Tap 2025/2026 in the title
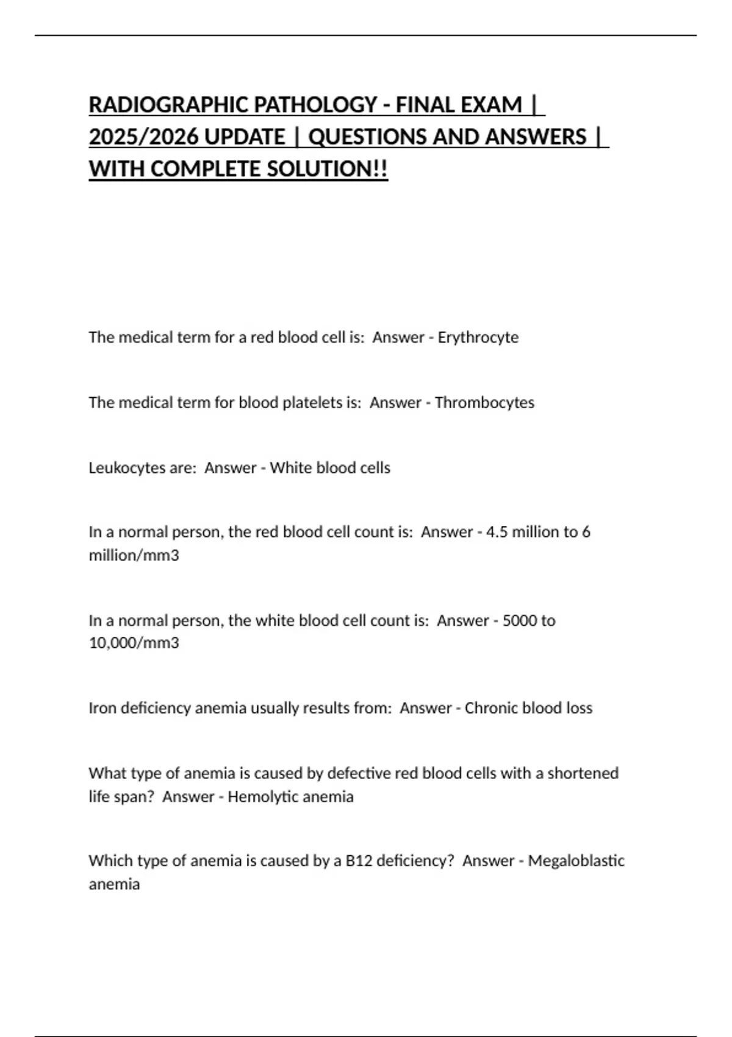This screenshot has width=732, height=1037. click(x=144, y=137)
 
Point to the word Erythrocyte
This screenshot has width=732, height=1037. click(x=478, y=337)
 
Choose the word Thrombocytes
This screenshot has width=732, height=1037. click(x=484, y=403)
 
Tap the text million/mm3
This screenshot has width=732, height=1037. click(x=134, y=556)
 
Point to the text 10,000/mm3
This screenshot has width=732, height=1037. click(x=134, y=643)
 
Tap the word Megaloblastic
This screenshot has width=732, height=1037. click(x=576, y=861)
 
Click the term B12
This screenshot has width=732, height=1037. click(x=359, y=861)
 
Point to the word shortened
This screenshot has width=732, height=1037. click(x=583, y=773)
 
